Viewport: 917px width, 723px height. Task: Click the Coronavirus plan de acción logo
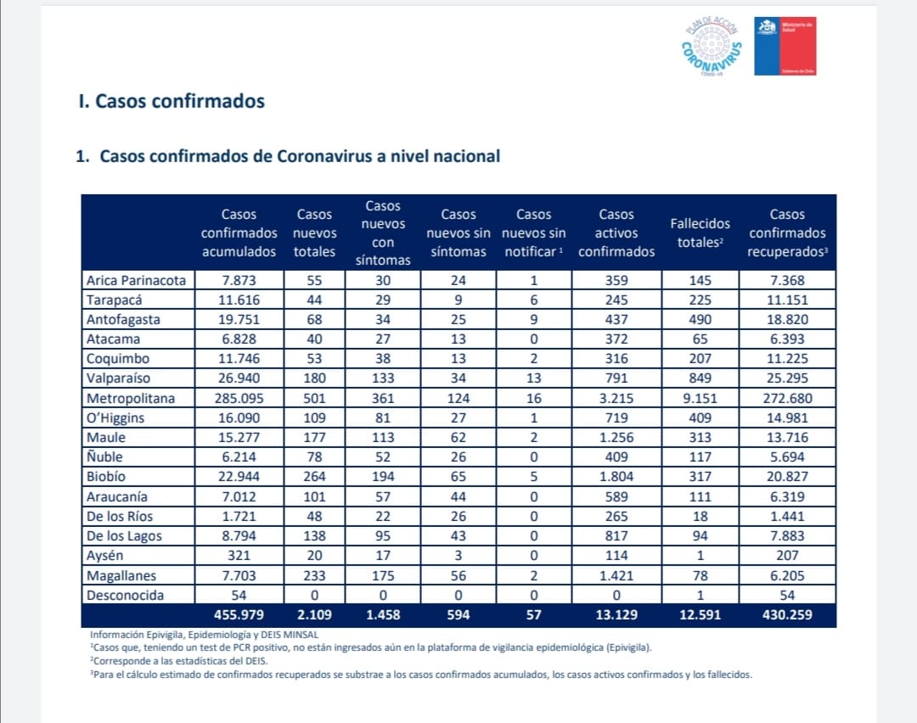(712, 47)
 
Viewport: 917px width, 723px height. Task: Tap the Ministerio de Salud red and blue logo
(785, 46)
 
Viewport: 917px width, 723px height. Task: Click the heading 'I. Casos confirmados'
(172, 101)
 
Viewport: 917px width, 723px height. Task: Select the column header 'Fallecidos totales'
(700, 233)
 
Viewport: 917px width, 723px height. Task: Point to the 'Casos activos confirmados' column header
(616, 233)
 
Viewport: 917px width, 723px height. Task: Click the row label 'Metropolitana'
(131, 399)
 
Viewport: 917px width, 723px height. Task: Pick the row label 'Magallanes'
(121, 575)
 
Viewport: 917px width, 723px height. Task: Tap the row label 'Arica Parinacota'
(136, 281)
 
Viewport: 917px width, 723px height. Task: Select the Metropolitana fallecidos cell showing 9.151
(700, 399)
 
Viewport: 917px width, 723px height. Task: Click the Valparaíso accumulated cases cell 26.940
(239, 378)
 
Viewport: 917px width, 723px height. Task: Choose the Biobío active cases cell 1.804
(616, 476)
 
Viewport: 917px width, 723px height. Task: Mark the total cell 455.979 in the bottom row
(239, 615)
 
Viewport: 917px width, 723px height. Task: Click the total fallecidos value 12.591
(700, 615)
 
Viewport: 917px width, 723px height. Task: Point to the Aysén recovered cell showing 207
(787, 555)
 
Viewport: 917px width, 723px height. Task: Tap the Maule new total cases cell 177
(314, 437)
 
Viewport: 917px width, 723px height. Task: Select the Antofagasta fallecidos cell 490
(700, 320)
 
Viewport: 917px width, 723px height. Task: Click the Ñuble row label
(104, 457)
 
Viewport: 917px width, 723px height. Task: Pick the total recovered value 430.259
(787, 615)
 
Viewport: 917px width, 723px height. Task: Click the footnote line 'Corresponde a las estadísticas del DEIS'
(179, 661)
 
